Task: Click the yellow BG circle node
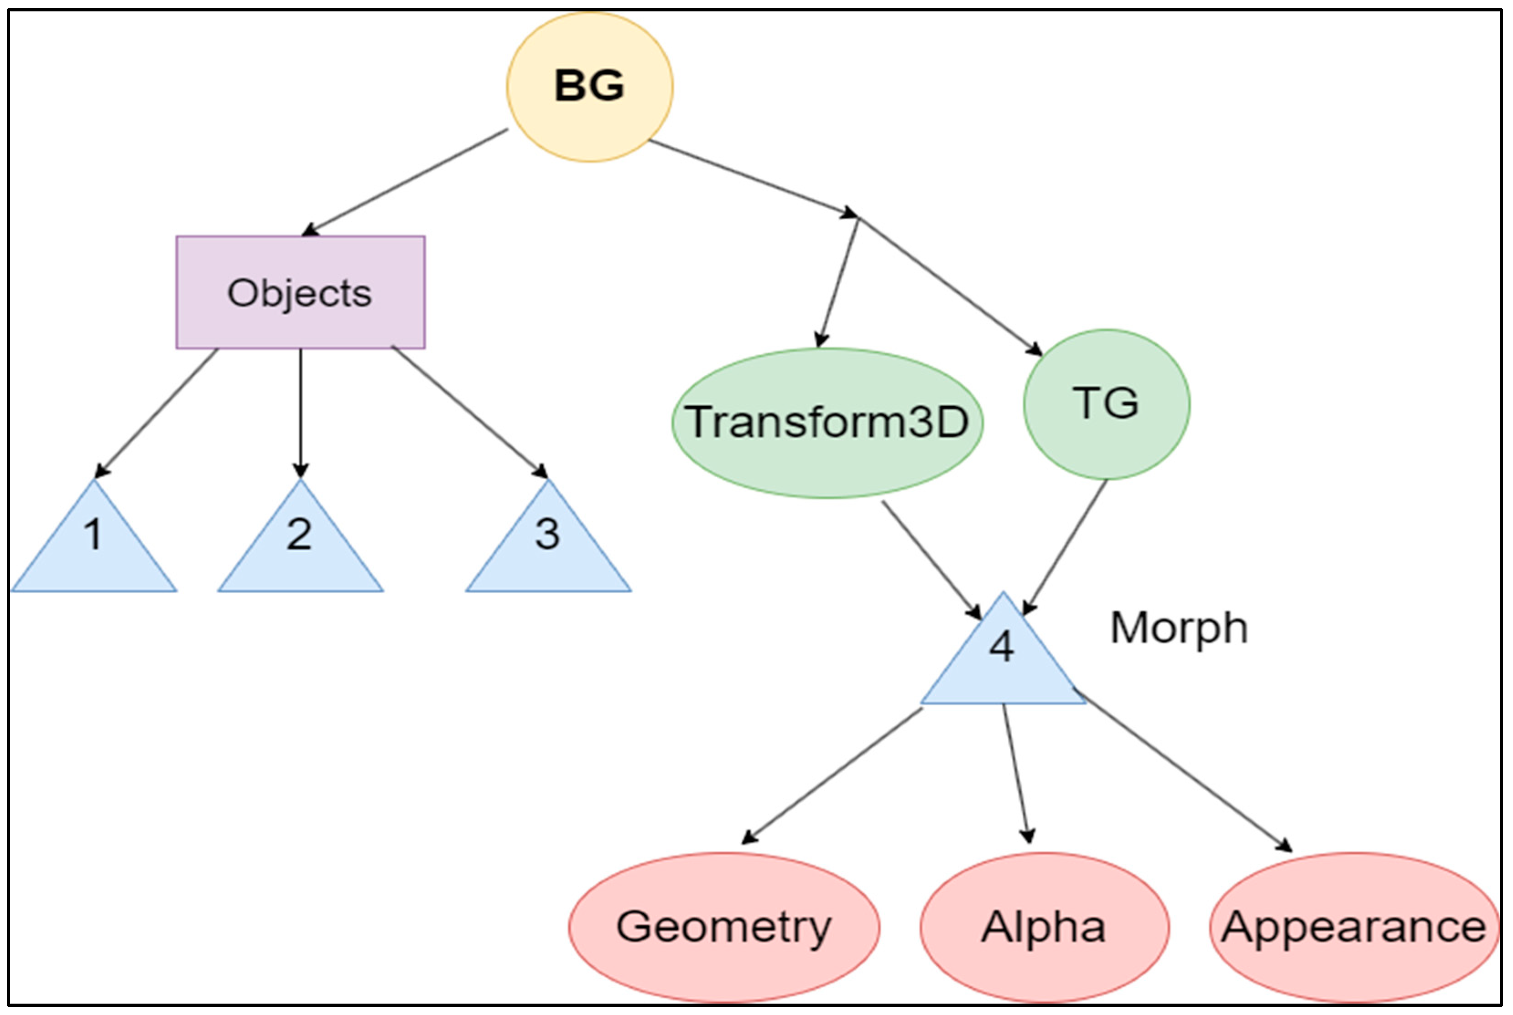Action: tap(589, 86)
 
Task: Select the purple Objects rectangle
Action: tap(301, 293)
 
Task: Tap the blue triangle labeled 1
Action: tap(94, 550)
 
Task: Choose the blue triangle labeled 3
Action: tap(548, 550)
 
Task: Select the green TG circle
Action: tap(1107, 404)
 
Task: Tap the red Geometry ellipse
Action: tap(724, 927)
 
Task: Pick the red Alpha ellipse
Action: tap(1044, 927)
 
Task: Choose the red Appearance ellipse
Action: tap(1354, 927)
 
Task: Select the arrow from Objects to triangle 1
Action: tap(157, 412)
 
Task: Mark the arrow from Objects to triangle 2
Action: tap(301, 412)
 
